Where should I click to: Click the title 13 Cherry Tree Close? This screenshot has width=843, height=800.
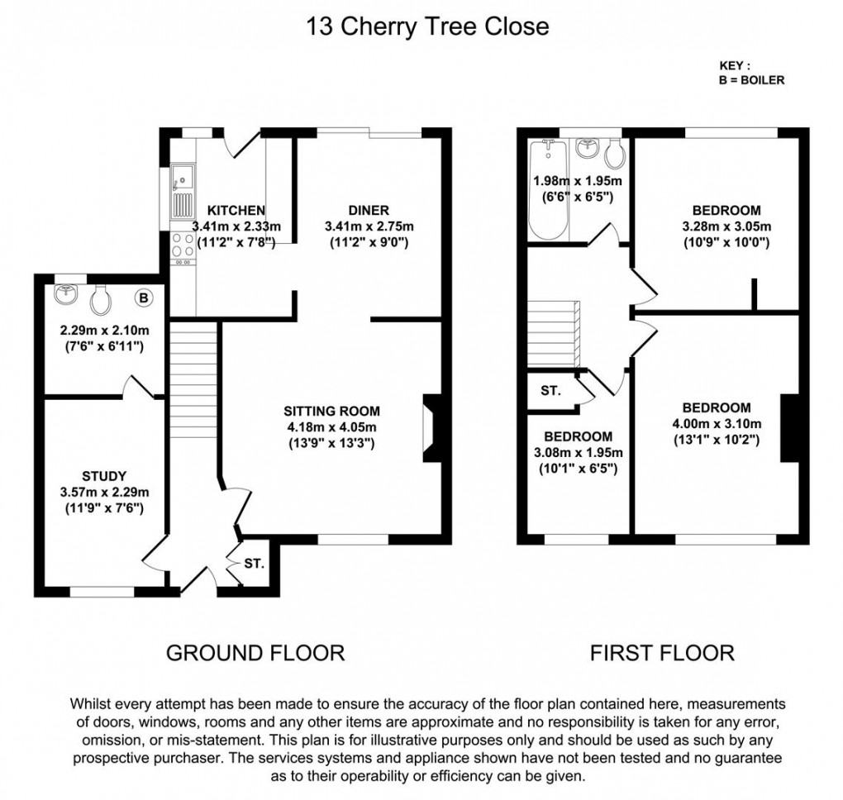pos(427,26)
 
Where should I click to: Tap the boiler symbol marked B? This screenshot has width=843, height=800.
pos(144,297)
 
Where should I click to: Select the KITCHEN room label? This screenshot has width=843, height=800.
pos(236,210)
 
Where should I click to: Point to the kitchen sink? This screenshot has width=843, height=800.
pos(181,177)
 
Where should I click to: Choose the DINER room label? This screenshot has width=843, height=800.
pos(369,210)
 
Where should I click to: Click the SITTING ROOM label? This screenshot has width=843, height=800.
pos(331,411)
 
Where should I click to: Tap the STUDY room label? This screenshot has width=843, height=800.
pos(104,476)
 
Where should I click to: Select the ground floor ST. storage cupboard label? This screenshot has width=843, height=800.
pos(254,564)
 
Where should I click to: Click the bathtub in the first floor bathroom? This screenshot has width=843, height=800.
pos(548,190)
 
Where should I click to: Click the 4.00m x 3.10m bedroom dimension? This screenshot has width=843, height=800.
pos(717,423)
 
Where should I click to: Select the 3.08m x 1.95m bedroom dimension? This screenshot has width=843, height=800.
pos(578,452)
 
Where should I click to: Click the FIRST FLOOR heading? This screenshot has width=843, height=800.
pos(661,653)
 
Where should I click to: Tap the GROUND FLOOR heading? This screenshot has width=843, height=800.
pos(255,653)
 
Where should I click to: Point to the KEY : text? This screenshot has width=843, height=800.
pos(735,65)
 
